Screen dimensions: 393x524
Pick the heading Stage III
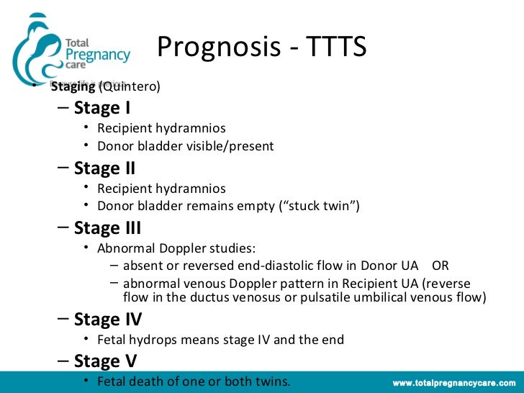107,229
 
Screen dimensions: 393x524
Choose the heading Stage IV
108,320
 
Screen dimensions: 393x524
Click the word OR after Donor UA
441,265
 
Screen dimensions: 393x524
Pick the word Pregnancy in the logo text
98,54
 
